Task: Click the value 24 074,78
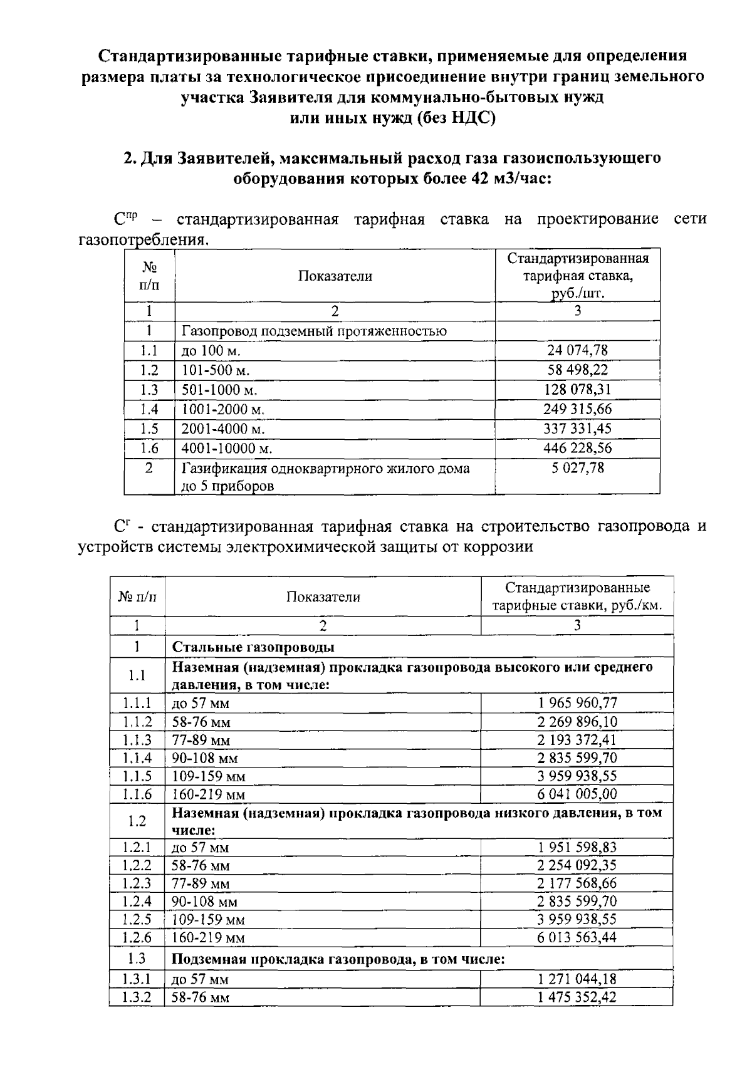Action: pos(577,350)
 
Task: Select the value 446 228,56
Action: pos(577,448)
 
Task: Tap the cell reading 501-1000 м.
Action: pos(219,390)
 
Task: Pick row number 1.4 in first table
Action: pos(149,409)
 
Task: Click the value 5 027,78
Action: pos(577,468)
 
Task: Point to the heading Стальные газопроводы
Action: pos(253,647)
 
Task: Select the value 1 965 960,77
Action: pos(577,702)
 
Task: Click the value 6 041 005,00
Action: pos(577,794)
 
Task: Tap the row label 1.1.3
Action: pos(137,739)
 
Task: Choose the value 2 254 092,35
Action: pos(577,865)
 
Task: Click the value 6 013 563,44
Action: pos(577,937)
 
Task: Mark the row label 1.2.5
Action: pos(137,919)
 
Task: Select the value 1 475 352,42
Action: pos(577,997)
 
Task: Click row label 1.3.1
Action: pos(137,979)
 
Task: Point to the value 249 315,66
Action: pos(577,409)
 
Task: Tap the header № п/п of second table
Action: pos(137,596)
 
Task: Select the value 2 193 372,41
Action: pos(577,739)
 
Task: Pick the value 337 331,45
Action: pos(577,429)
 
